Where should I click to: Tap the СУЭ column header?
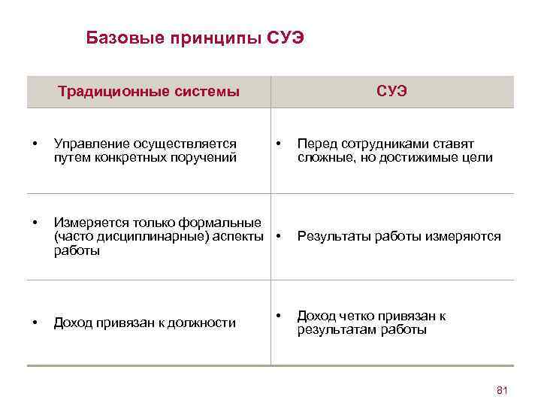(391, 92)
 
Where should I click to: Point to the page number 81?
(503, 389)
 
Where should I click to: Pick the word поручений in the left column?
(204, 158)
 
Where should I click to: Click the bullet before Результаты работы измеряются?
(279, 235)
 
